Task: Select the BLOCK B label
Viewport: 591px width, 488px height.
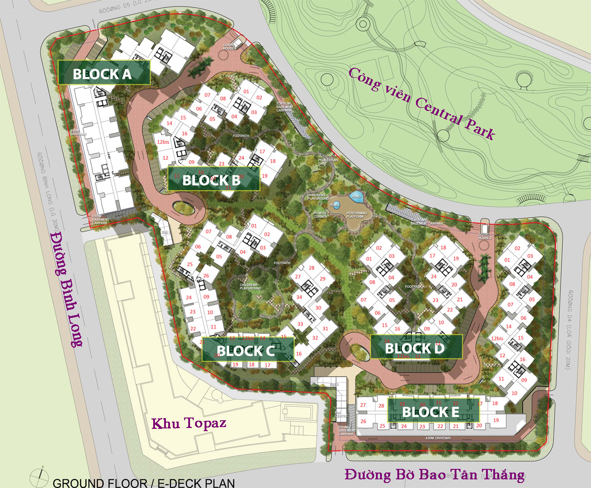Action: click(x=213, y=180)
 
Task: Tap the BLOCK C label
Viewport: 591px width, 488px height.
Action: click(x=246, y=350)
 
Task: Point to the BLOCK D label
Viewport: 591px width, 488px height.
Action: click(x=415, y=348)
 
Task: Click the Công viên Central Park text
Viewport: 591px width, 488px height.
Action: click(x=421, y=104)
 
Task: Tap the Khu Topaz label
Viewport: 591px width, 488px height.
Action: click(x=189, y=423)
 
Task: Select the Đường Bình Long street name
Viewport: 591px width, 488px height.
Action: click(x=66, y=289)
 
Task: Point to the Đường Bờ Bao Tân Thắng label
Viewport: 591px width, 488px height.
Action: click(x=434, y=474)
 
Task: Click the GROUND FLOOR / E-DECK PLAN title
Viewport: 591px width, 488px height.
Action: click(x=144, y=483)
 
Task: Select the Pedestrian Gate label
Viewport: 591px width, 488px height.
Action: click(x=328, y=162)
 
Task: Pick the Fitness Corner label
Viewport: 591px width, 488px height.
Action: click(x=320, y=215)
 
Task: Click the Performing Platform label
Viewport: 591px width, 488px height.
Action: click(x=356, y=215)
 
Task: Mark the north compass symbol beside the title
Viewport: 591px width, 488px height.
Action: click(x=39, y=477)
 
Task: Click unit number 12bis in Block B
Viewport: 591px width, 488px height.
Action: click(x=163, y=142)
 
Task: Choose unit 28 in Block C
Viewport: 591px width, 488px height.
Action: click(x=311, y=268)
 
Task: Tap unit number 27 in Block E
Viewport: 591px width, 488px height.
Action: click(x=363, y=405)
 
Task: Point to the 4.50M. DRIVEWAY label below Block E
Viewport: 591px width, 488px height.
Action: click(x=438, y=438)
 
